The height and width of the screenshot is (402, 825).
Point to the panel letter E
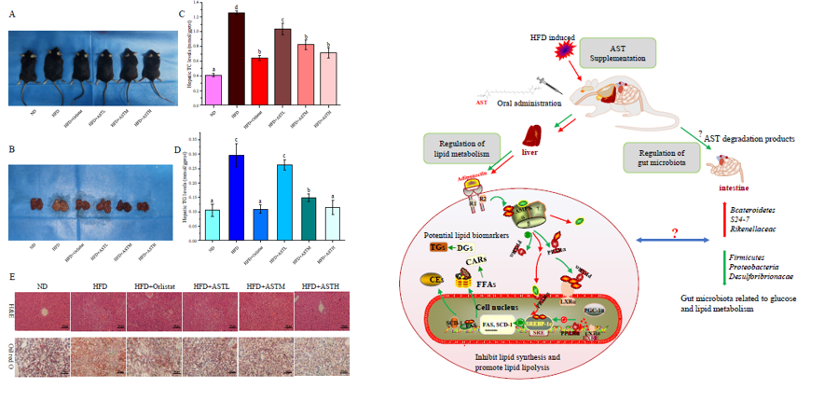(11, 277)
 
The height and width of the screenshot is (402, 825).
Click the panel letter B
(11, 148)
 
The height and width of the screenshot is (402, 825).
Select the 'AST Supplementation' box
(617, 53)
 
